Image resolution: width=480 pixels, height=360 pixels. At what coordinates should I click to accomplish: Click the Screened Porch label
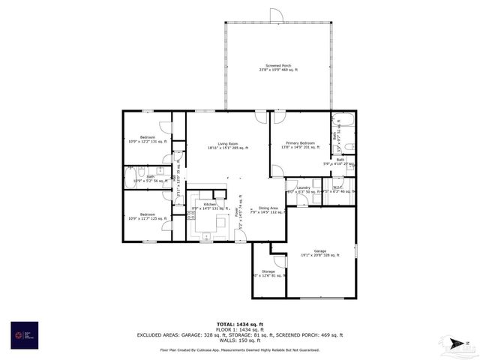[277, 68]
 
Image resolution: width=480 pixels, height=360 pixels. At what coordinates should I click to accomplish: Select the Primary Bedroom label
[298, 145]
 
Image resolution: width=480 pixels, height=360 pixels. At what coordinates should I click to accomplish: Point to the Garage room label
[320, 253]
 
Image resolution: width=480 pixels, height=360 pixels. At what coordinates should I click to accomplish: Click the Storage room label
[268, 273]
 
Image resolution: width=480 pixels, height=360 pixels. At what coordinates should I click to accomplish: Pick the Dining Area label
[268, 210]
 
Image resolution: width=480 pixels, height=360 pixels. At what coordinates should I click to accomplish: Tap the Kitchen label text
[209, 205]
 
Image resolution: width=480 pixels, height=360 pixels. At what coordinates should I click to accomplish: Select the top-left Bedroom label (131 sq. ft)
[147, 139]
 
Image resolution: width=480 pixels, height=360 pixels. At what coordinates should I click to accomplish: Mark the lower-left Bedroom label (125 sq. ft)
[147, 217]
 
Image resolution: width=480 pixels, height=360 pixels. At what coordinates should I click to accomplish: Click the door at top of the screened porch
[276, 16]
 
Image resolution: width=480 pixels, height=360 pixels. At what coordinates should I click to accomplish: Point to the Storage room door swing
[280, 262]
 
